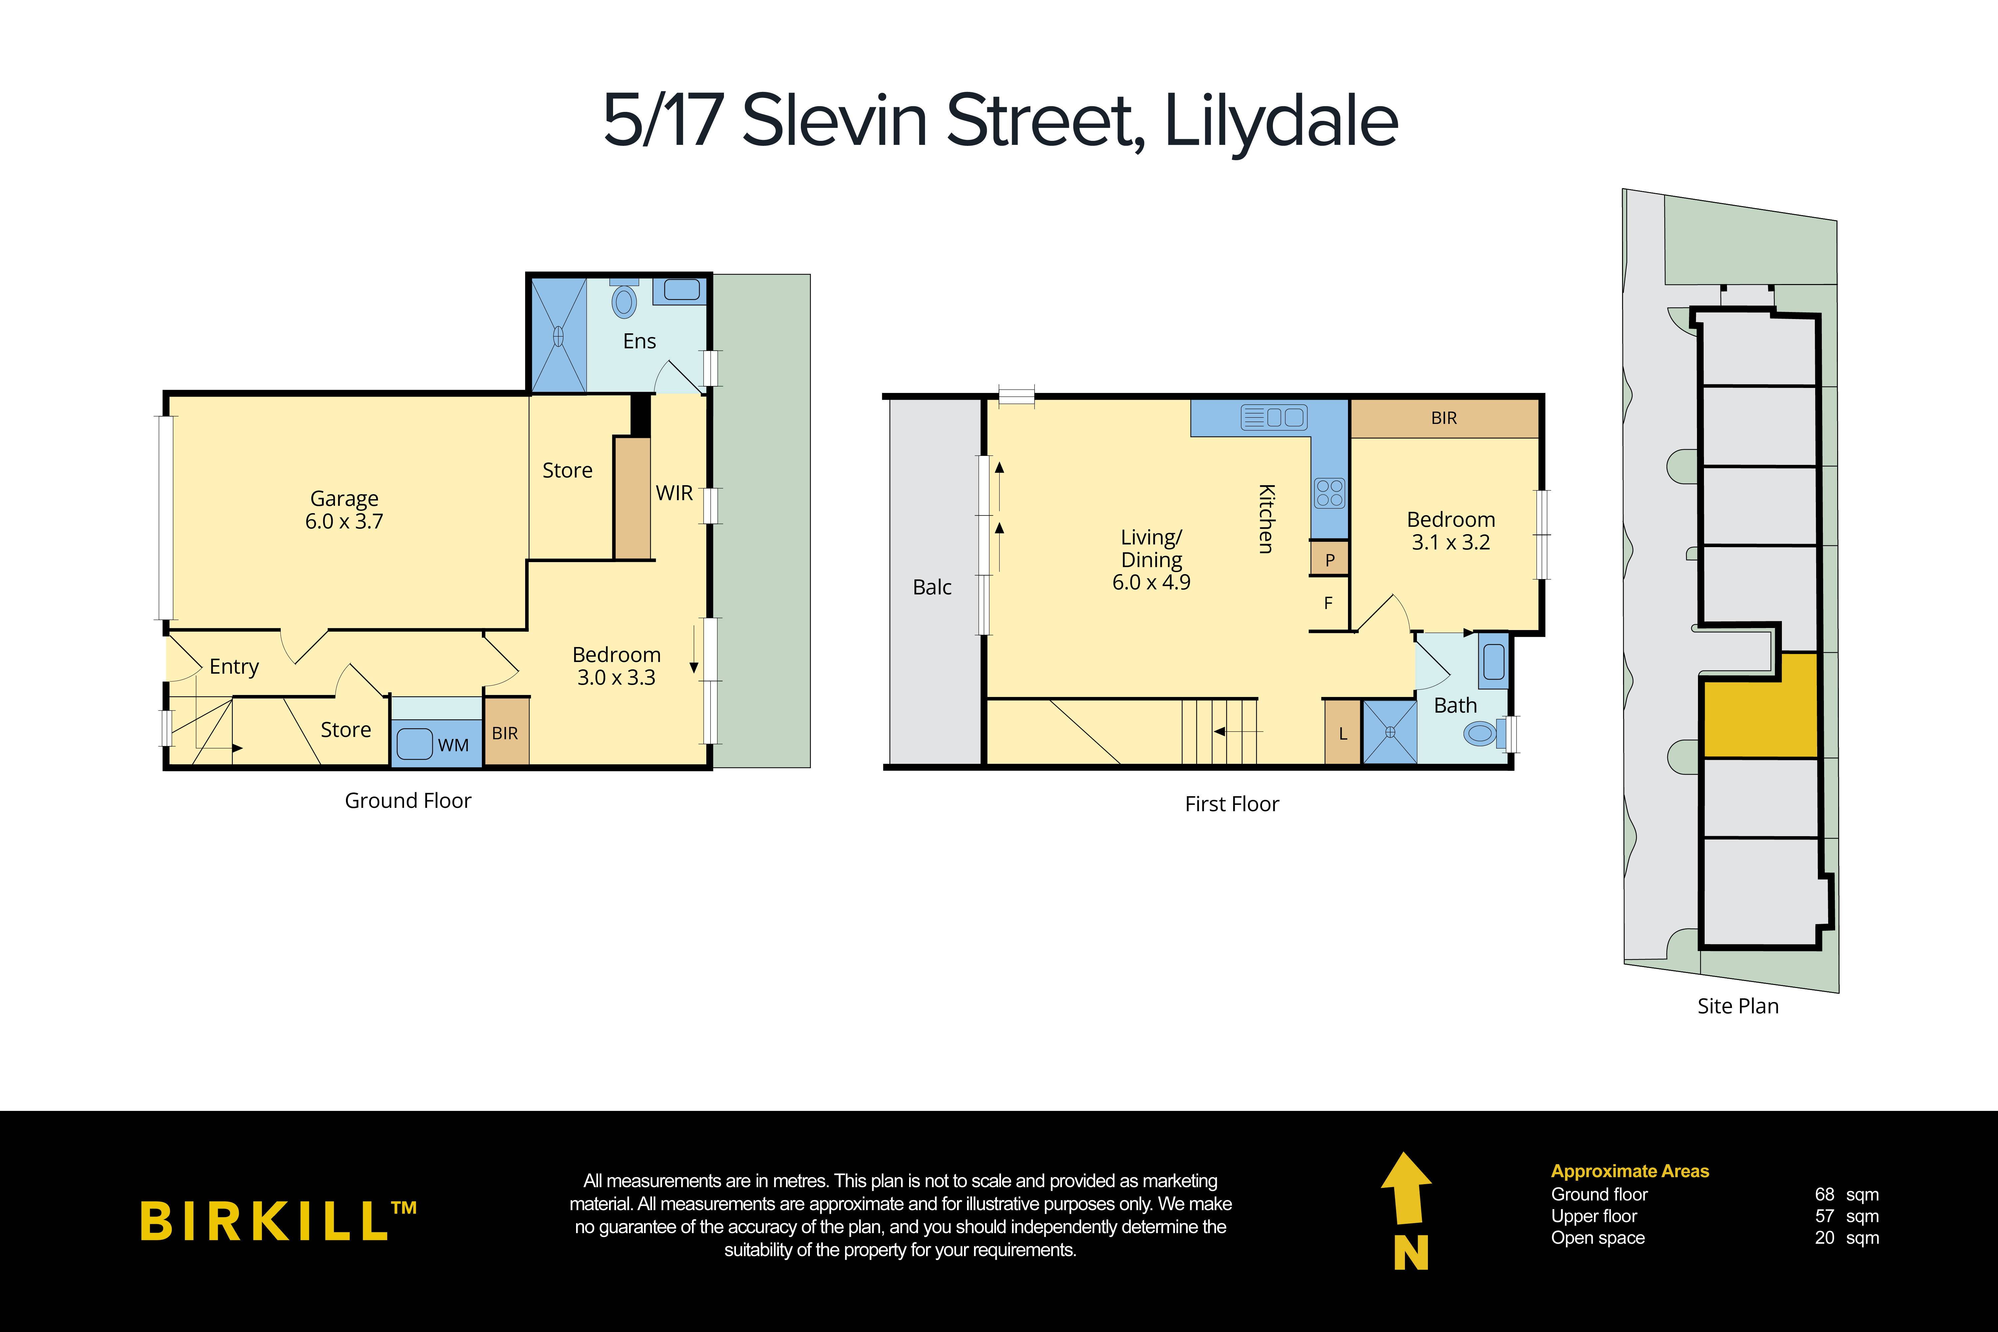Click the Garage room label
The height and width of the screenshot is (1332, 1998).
(344, 499)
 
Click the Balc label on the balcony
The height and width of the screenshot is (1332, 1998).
(932, 587)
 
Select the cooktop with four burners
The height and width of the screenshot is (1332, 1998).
(1329, 493)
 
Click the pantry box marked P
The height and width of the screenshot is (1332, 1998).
(1329, 560)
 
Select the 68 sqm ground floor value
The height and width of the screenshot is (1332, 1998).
(1846, 1194)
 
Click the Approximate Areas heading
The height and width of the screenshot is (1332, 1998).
(1629, 1171)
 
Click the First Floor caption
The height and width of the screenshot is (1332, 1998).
(1232, 804)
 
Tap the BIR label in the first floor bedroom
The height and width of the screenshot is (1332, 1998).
(1444, 418)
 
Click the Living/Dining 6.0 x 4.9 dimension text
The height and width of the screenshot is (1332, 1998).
(1151, 583)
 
